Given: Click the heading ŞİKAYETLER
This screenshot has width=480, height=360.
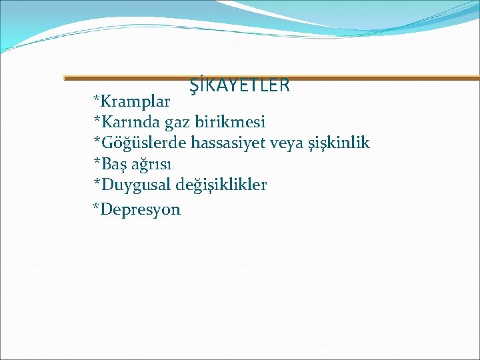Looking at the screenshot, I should point(239,85).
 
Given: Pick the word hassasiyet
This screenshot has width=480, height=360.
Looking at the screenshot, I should point(231,143).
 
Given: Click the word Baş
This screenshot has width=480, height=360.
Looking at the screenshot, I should point(114,164).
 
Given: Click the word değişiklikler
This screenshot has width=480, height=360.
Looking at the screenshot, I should point(221,185).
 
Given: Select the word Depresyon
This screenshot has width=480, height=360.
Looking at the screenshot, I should point(141,210).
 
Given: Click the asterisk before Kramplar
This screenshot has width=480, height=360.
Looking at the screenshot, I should point(97,100).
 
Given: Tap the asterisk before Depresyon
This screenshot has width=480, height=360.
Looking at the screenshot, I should point(97,207).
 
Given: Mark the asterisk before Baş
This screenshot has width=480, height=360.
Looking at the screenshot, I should point(97,161).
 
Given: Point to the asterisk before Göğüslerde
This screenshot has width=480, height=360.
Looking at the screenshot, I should point(97,140).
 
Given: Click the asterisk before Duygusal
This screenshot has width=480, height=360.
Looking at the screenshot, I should point(97,181).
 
